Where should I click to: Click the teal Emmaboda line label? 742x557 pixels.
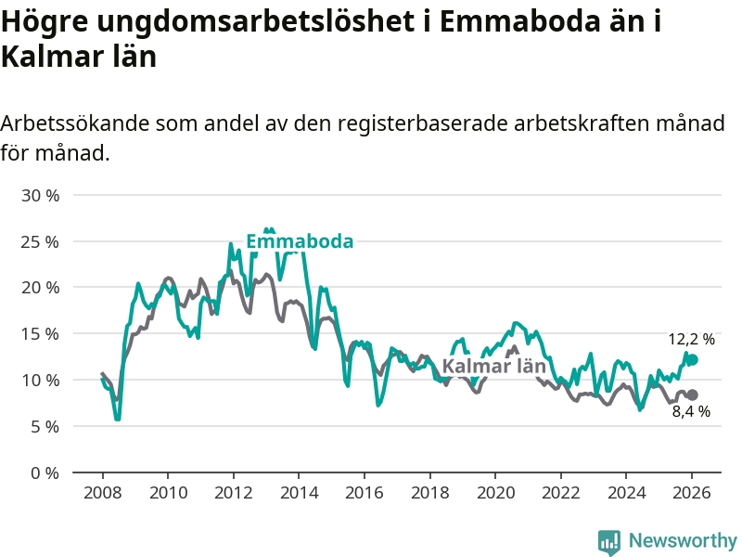(299, 241)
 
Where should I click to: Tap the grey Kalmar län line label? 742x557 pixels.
(493, 366)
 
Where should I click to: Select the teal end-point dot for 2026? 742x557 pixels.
(692, 359)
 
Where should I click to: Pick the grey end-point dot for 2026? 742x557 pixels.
(692, 395)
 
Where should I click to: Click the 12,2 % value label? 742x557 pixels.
(691, 340)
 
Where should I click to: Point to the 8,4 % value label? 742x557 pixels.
(691, 411)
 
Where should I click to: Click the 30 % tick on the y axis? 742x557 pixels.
(40, 195)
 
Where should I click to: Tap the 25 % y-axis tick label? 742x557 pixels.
(40, 241)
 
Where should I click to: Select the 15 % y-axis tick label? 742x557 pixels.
(40, 333)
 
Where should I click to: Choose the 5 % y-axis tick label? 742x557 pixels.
(44, 426)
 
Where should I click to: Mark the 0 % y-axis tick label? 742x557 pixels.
(44, 473)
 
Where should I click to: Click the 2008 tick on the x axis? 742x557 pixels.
(101, 492)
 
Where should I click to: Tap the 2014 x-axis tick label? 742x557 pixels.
(298, 492)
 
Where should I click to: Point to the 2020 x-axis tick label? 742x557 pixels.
(494, 492)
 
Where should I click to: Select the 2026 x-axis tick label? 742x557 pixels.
(691, 492)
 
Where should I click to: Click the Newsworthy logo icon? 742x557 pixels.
(609, 541)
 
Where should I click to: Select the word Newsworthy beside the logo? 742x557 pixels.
(683, 540)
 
